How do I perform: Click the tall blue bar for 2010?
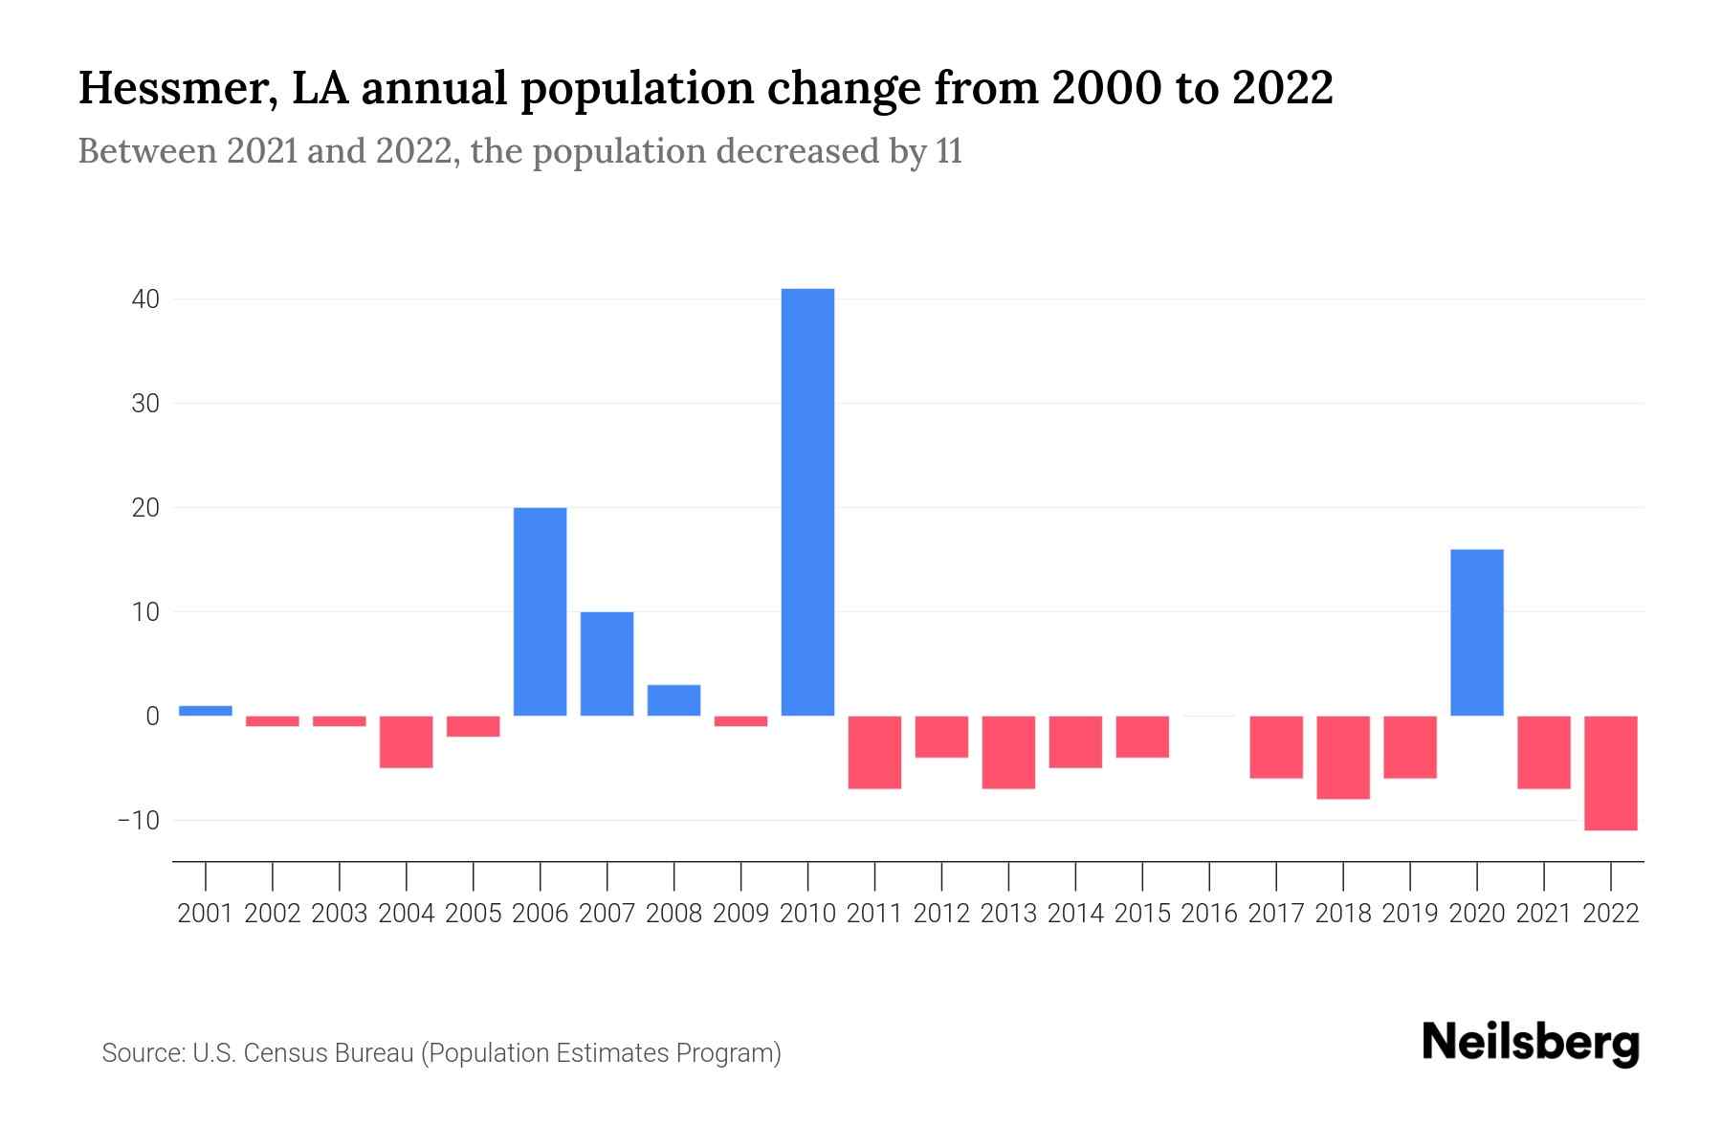[807, 502]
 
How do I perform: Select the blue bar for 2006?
[540, 611]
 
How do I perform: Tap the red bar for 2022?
[1611, 773]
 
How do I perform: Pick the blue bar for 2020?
[1477, 632]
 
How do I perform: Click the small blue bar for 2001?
[206, 711]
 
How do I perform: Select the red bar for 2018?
[1343, 757]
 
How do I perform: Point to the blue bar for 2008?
[673, 700]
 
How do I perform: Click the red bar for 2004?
[407, 741]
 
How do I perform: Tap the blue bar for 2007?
[607, 664]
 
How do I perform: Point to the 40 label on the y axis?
[145, 299]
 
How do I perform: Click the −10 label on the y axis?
[138, 821]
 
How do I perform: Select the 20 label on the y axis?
[145, 508]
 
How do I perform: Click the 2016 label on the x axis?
[1209, 914]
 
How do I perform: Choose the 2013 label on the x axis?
[1008, 914]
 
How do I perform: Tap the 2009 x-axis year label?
[740, 914]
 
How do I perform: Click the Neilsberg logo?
[1531, 1043]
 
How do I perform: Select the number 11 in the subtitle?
[949, 151]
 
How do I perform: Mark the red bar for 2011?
[874, 752]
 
